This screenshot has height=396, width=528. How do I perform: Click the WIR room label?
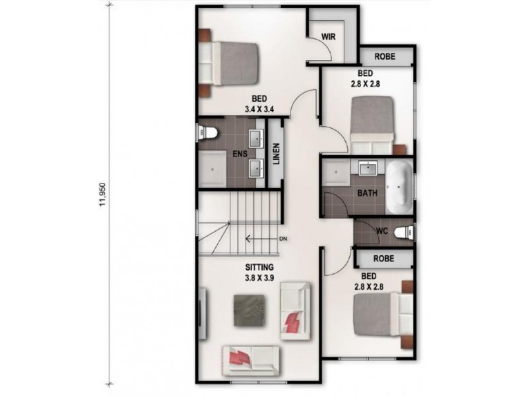pos(328,37)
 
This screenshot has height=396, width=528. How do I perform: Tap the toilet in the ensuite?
pos(207,133)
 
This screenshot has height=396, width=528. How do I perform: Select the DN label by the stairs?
pos(283,238)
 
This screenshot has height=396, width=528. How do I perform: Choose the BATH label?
pos(367,193)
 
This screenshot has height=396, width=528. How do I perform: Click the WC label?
pos(381,232)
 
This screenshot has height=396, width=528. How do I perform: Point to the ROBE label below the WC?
pos(384,259)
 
